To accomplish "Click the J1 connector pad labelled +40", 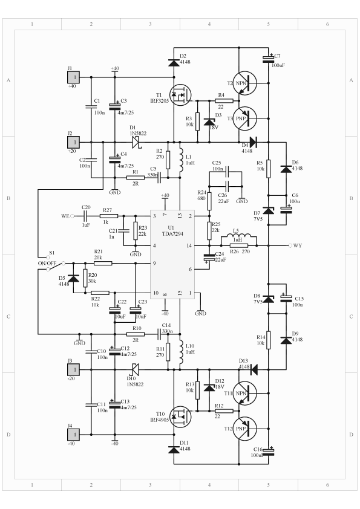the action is [73, 77].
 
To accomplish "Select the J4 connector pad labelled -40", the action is [73, 434].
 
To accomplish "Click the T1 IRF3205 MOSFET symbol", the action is [180, 95].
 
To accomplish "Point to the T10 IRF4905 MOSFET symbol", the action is [180, 417].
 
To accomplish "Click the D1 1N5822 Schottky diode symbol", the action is [136, 142].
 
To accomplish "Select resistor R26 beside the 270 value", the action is [239, 246].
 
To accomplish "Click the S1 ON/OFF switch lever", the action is [56, 266].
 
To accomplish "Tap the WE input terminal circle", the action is [72, 216].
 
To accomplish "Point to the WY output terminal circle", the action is [290, 245].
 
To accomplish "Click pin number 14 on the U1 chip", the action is [189, 246].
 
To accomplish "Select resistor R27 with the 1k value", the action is [109, 216].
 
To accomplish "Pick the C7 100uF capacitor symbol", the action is [269, 59].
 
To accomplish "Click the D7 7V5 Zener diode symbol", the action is [269, 210].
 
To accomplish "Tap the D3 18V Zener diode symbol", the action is [209, 122].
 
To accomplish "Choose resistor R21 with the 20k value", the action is [103, 263].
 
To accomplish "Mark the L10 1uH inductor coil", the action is [181, 352].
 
